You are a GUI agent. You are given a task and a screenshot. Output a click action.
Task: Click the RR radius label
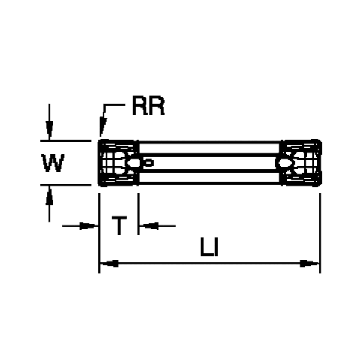148,107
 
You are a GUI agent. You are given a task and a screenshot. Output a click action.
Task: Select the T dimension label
120,226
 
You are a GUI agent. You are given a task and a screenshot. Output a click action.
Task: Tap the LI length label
209,247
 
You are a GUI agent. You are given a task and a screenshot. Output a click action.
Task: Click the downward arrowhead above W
50,133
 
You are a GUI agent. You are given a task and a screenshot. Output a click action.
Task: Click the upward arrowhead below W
50,193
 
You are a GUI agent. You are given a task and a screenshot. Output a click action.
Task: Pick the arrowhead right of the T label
146,226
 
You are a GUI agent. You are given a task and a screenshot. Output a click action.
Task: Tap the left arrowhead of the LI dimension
107,263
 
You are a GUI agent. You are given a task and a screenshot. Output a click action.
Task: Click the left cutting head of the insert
118,163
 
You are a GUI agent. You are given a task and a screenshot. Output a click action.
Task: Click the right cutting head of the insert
302,163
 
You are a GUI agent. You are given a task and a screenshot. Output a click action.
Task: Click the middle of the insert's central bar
210,162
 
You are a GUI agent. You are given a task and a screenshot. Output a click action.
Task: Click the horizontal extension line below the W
66,185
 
